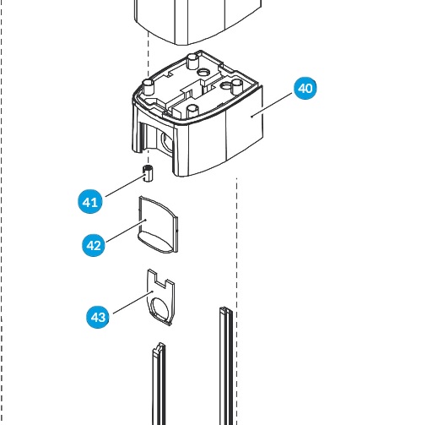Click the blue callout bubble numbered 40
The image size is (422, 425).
pyautogui.click(x=305, y=88)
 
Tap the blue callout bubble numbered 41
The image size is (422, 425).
pyautogui.click(x=90, y=202)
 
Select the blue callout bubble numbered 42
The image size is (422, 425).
pyautogui.click(x=94, y=245)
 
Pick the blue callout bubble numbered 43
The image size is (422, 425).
pyautogui.click(x=98, y=317)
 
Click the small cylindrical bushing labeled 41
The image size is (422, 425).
pyautogui.click(x=149, y=173)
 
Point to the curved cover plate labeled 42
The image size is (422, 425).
pyautogui.click(x=158, y=225)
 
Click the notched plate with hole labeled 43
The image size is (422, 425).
pyautogui.click(x=161, y=297)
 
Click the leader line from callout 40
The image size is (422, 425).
pyautogui.click(x=273, y=104)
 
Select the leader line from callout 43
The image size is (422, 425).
pyautogui.click(x=133, y=302)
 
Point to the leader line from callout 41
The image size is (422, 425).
pyautogui.click(x=126, y=185)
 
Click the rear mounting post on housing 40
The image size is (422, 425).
pyautogui.click(x=192, y=61)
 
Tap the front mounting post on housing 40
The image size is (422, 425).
pyautogui.click(x=192, y=112)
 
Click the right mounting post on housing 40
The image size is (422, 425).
pyautogui.click(x=237, y=87)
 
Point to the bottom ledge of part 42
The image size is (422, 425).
pyautogui.click(x=156, y=242)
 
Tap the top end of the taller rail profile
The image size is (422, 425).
pyautogui.click(x=226, y=311)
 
